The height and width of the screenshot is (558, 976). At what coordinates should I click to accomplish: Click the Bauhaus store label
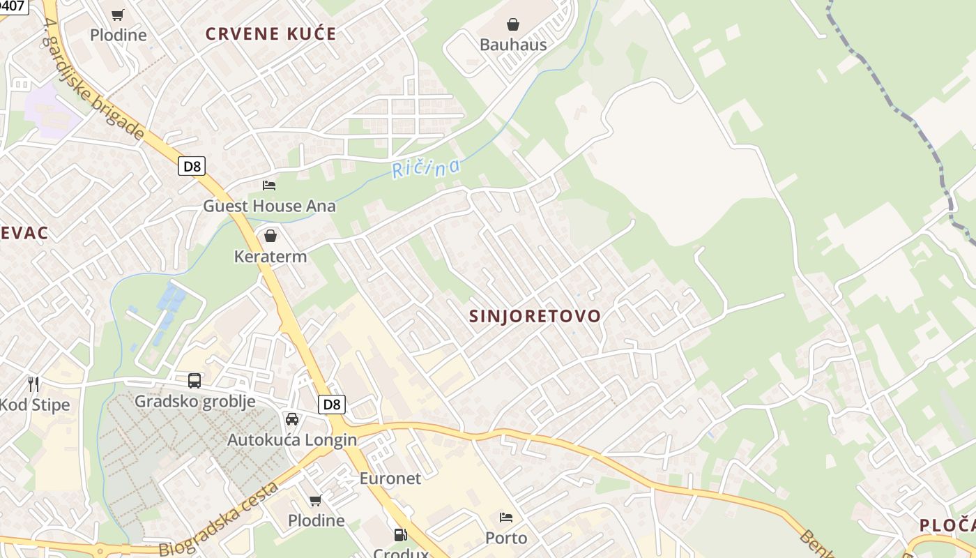click(x=513, y=45)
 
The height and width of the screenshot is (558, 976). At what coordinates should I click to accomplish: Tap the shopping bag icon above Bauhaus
click(x=513, y=25)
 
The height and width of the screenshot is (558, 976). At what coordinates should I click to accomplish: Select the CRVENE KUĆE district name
click(x=270, y=33)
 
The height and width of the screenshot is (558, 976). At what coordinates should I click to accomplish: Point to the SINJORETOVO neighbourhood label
click(x=535, y=316)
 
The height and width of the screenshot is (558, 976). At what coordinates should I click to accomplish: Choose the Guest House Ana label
click(x=269, y=206)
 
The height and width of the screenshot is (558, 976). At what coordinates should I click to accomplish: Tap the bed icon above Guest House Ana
click(x=269, y=186)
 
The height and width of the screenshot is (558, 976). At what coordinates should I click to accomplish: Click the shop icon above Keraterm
click(x=270, y=236)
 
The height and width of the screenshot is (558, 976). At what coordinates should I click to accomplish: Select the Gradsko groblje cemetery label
click(x=195, y=401)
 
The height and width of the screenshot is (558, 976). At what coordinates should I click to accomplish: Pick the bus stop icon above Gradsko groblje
click(x=195, y=381)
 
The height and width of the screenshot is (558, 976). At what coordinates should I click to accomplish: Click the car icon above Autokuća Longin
click(x=292, y=419)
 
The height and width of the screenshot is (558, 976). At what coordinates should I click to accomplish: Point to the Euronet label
click(x=390, y=478)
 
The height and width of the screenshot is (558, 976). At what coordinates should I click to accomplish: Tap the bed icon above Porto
click(x=506, y=518)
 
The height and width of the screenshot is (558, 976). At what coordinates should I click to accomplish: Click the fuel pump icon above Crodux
click(x=400, y=535)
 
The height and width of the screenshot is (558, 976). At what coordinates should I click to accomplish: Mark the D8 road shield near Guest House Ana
click(x=192, y=166)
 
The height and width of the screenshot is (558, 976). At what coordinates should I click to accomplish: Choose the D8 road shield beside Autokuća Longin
click(x=332, y=405)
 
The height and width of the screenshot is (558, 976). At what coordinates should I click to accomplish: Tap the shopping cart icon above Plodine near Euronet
click(x=316, y=500)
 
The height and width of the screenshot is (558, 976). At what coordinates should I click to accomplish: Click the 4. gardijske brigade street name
click(x=93, y=80)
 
